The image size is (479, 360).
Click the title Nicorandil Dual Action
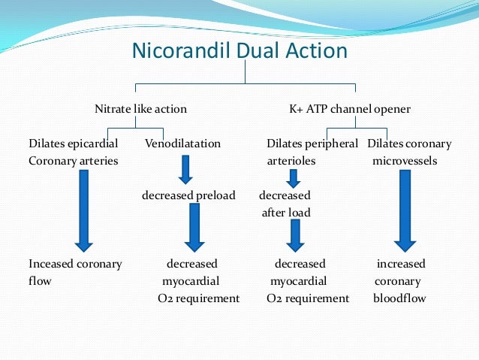point(239,50)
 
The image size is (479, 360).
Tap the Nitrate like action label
point(140,109)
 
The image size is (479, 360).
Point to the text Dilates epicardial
point(73,143)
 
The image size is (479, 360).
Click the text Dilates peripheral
point(312,143)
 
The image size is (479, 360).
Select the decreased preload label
point(188,195)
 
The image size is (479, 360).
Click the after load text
point(286,213)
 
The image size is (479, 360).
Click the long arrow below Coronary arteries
point(83,210)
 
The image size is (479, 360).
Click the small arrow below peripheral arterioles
point(293,177)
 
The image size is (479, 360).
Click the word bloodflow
point(399,298)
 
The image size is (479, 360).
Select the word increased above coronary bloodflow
point(400,264)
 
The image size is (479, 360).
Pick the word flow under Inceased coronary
point(41,281)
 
